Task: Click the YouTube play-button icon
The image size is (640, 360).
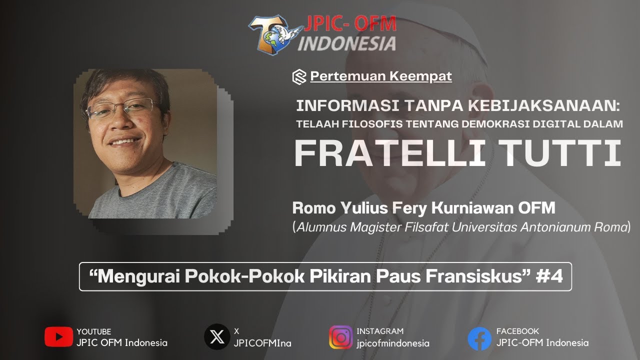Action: (58, 337)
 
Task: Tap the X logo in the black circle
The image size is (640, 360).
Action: (217, 337)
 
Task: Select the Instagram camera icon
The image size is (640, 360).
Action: (340, 337)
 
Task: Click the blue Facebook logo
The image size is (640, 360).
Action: (479, 338)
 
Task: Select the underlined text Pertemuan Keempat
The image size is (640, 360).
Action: (381, 76)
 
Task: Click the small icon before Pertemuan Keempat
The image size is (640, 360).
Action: (299, 76)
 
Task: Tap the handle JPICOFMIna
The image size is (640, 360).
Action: (262, 343)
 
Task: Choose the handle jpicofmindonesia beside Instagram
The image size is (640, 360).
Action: (393, 343)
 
